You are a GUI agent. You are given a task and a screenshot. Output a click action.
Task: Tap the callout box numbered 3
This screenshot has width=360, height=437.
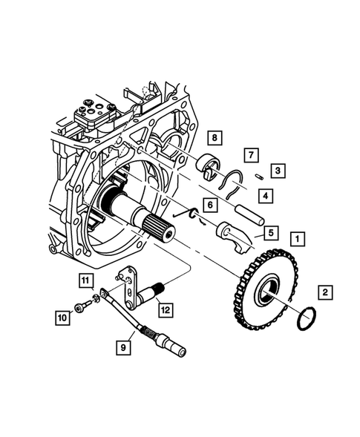(x=276, y=171)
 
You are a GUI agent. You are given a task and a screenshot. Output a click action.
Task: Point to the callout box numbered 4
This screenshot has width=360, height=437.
(x=264, y=195)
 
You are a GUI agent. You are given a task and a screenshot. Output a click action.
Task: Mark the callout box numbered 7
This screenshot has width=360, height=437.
(x=251, y=154)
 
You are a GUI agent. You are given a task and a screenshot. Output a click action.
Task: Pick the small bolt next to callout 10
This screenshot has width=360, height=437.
(x=80, y=307)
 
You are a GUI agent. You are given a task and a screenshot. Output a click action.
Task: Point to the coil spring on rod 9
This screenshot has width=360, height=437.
(x=152, y=333)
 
